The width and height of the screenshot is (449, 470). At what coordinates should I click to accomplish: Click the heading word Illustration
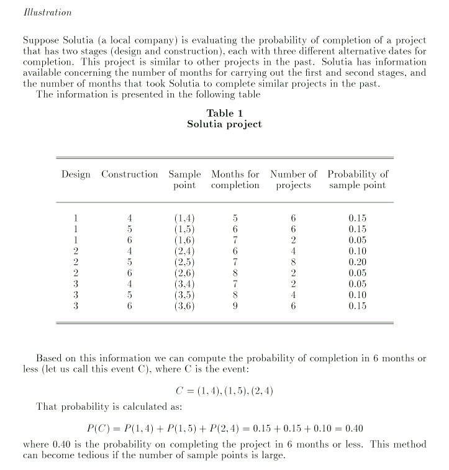click(47, 12)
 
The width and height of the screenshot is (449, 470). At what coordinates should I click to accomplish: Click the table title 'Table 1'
click(224, 113)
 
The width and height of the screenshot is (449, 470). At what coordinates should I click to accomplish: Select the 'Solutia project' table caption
click(224, 124)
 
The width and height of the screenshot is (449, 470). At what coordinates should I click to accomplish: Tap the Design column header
click(76, 174)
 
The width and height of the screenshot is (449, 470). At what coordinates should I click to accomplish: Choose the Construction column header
click(129, 174)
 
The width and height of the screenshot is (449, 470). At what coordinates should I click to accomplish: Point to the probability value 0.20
click(358, 262)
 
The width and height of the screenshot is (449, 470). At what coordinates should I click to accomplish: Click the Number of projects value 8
click(294, 262)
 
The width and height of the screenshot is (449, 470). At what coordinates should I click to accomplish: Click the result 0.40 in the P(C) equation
click(353, 428)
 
